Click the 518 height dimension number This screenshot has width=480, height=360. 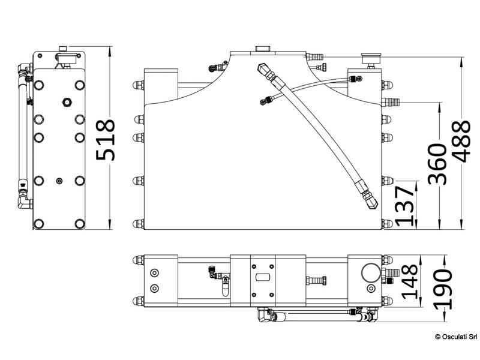tap(106, 140)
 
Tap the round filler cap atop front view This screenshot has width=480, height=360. tap(262, 48)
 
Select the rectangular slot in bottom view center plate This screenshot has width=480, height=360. tap(262, 278)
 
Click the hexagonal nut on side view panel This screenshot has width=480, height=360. tap(66, 101)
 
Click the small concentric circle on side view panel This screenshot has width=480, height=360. tap(59, 180)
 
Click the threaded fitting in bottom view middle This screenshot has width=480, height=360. tap(316, 280)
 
